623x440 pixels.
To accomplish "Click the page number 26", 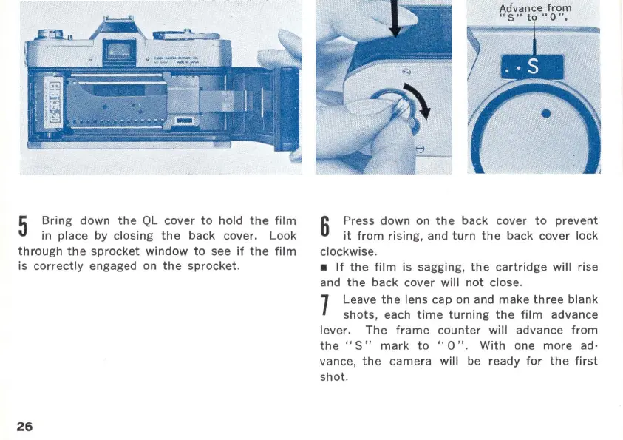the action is click(24, 427).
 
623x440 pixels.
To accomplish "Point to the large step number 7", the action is click(325, 307).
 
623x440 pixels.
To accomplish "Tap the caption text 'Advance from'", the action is click(536, 8).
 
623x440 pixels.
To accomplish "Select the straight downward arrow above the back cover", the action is click(394, 18).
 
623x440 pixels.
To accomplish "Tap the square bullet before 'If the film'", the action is click(324, 267).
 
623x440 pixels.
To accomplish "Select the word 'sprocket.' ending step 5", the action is click(216, 266).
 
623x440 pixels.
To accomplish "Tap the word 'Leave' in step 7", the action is click(359, 299).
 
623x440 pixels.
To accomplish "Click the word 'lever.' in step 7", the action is click(338, 330).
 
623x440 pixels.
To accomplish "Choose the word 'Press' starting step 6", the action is click(358, 220).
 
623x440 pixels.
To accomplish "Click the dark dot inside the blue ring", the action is click(545, 114).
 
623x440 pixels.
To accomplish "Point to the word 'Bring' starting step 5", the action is click(58, 220).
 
